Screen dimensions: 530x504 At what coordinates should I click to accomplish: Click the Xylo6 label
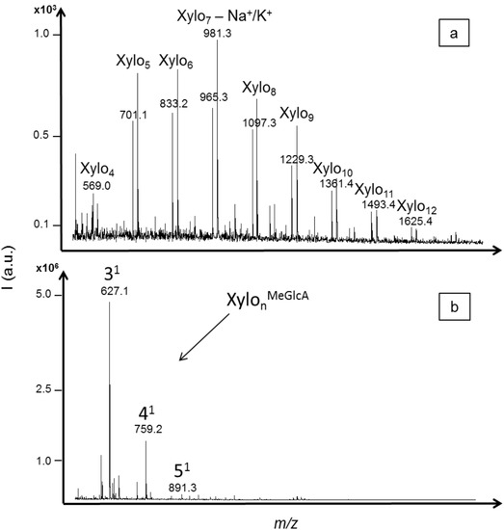pos(176,62)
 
